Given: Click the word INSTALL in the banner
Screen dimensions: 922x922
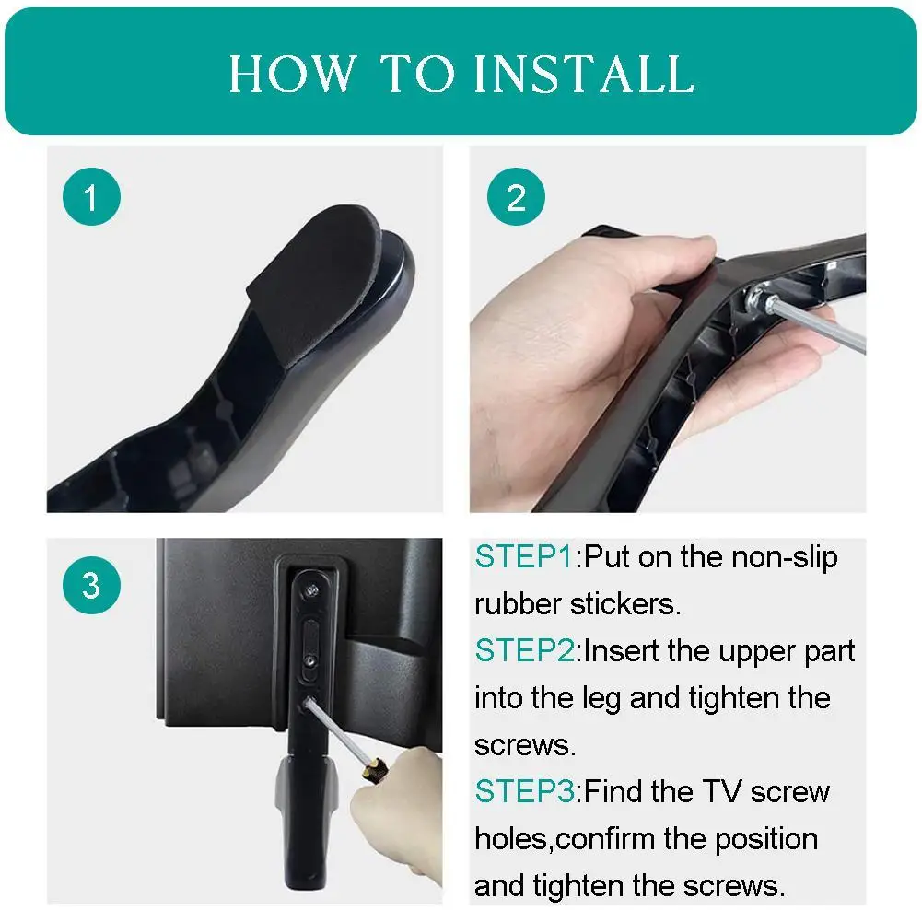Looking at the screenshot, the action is [585, 74].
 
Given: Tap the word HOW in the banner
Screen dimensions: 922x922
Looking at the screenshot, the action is [293, 74].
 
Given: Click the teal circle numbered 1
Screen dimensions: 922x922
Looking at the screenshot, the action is [91, 197].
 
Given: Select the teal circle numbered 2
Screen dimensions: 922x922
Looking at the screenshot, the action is [516, 197].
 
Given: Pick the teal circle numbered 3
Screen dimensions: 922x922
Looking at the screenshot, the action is [91, 585].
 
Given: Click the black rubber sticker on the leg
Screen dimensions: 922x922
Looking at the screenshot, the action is [318, 282].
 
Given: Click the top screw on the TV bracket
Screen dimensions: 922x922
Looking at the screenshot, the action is [312, 589].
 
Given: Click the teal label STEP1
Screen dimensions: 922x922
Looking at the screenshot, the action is [524, 557].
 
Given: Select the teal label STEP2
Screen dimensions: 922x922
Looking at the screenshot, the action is [524, 651].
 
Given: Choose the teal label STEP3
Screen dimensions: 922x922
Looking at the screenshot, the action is [524, 791].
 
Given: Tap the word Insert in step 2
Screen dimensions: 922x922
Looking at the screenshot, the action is [622, 651].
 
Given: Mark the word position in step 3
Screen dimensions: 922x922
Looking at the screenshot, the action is [766, 841].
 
